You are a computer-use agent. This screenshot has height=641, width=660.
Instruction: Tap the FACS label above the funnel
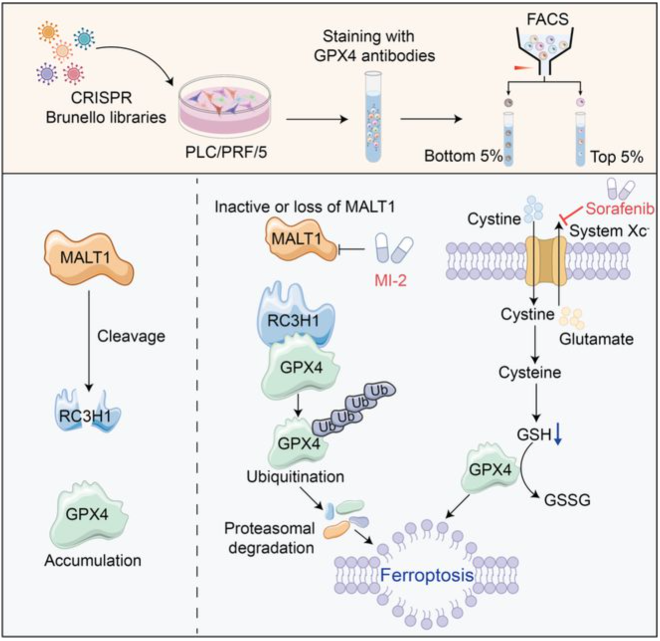(548, 19)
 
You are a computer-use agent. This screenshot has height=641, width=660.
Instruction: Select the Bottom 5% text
(463, 156)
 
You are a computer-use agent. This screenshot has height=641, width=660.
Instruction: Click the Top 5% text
(617, 157)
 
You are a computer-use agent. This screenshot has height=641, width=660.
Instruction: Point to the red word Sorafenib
(620, 209)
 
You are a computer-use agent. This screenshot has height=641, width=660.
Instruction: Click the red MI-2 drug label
(390, 280)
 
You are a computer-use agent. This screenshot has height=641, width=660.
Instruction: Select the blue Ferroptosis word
(426, 575)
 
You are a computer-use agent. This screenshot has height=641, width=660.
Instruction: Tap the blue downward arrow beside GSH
(558, 433)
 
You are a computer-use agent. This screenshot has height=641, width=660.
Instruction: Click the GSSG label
(567, 499)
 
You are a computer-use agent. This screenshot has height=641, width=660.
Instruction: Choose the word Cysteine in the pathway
(530, 372)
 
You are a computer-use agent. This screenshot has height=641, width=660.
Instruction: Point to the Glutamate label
(596, 339)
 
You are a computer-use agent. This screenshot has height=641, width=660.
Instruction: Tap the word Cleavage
(131, 336)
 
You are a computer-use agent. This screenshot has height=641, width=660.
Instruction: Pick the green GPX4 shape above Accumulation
(87, 515)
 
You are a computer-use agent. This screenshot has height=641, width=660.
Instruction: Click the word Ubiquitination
(295, 476)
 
